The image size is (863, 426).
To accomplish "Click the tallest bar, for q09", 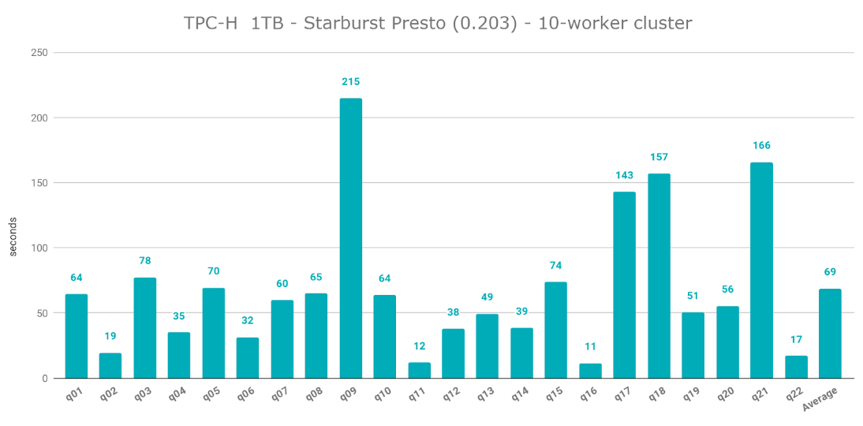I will pyautogui.click(x=350, y=238).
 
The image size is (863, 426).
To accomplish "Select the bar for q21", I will pyautogui.click(x=761, y=271).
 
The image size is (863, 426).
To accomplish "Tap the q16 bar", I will pyautogui.click(x=590, y=371).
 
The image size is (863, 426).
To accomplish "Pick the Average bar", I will pyautogui.click(x=830, y=334).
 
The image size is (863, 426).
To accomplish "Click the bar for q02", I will pyautogui.click(x=110, y=366).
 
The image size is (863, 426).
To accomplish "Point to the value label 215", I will pyautogui.click(x=350, y=82).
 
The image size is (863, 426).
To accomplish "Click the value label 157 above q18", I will pyautogui.click(x=659, y=157).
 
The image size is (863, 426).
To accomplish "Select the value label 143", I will pyautogui.click(x=625, y=175).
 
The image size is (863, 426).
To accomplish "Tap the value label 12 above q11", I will pyautogui.click(x=419, y=346).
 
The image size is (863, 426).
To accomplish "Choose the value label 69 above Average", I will pyautogui.click(x=830, y=272).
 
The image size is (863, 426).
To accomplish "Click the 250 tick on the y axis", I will pyautogui.click(x=39, y=53).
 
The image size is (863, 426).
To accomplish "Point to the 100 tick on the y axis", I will pyautogui.click(x=39, y=248).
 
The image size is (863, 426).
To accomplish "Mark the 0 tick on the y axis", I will pyautogui.click(x=44, y=379).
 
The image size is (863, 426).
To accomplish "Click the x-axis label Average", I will pyautogui.click(x=820, y=399).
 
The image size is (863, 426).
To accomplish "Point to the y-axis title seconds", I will pyautogui.click(x=13, y=236).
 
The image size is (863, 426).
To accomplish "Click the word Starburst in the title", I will pyautogui.click(x=344, y=24).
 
